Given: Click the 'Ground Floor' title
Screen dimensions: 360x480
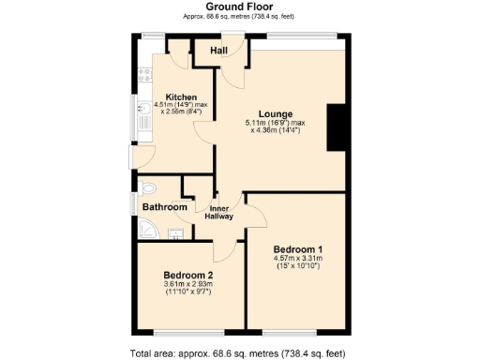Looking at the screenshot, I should click(240, 7).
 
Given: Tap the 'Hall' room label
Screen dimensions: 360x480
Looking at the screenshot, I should click(219, 50).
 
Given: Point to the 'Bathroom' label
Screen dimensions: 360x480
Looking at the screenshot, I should click(165, 206).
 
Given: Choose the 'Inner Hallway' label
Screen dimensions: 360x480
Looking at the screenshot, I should click(220, 213).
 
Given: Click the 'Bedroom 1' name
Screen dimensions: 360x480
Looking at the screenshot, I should click(298, 249).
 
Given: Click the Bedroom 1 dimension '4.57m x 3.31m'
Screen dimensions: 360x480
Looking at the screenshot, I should click(298, 259).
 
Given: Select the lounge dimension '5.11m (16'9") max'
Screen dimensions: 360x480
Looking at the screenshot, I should click(273, 122).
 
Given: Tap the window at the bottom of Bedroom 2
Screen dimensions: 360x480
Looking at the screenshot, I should click(182, 332).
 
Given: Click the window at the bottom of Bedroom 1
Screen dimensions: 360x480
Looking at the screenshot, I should click(289, 332).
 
